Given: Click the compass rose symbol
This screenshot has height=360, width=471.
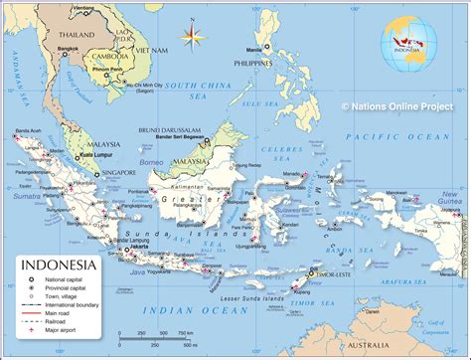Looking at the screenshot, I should pyautogui.click(x=189, y=38).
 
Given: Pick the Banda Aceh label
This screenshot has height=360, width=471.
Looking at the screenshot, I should pyautogui.click(x=27, y=129).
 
